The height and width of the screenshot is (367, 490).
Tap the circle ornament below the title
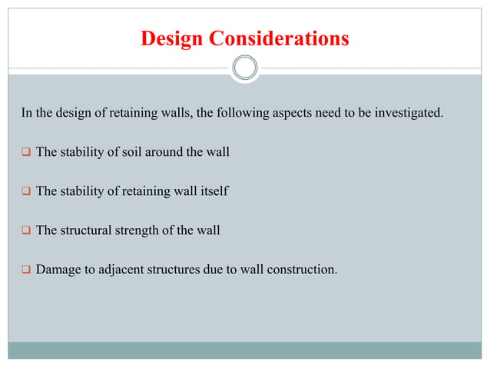pos(245,68)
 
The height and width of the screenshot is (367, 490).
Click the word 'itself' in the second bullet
pos(213,191)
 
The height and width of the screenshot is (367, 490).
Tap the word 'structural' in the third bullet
pos(88,230)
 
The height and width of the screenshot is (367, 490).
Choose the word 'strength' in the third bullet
pos(138,230)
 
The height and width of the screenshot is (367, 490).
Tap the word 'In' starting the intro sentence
pos(26,114)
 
